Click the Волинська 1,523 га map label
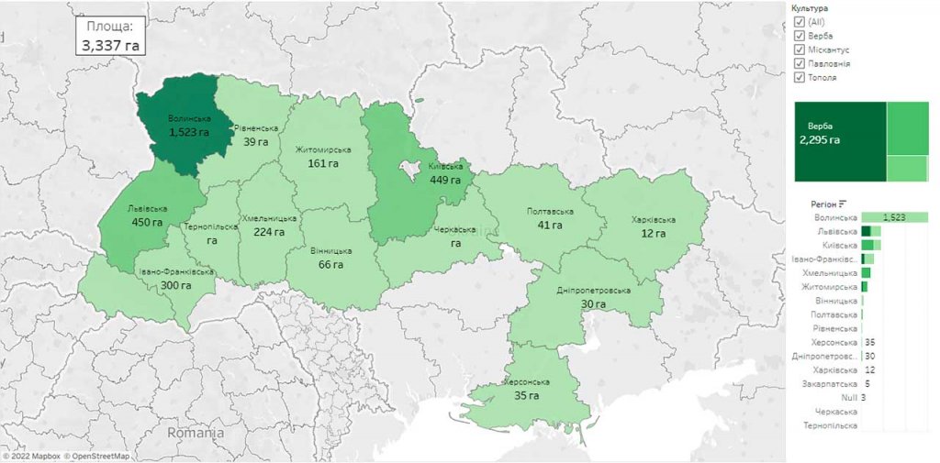(189, 126)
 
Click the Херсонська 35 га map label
(527, 388)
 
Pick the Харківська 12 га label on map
(653, 226)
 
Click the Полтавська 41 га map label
(550, 217)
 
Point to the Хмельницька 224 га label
(269, 226)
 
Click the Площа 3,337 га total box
(110, 35)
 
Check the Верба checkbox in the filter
(799, 35)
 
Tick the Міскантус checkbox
(799, 50)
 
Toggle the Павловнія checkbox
(799, 63)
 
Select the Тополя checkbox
(799, 77)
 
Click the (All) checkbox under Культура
(799, 21)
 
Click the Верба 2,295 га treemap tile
(839, 141)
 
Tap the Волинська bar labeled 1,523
(894, 217)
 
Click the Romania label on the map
(196, 432)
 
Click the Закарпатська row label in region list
(830, 384)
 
